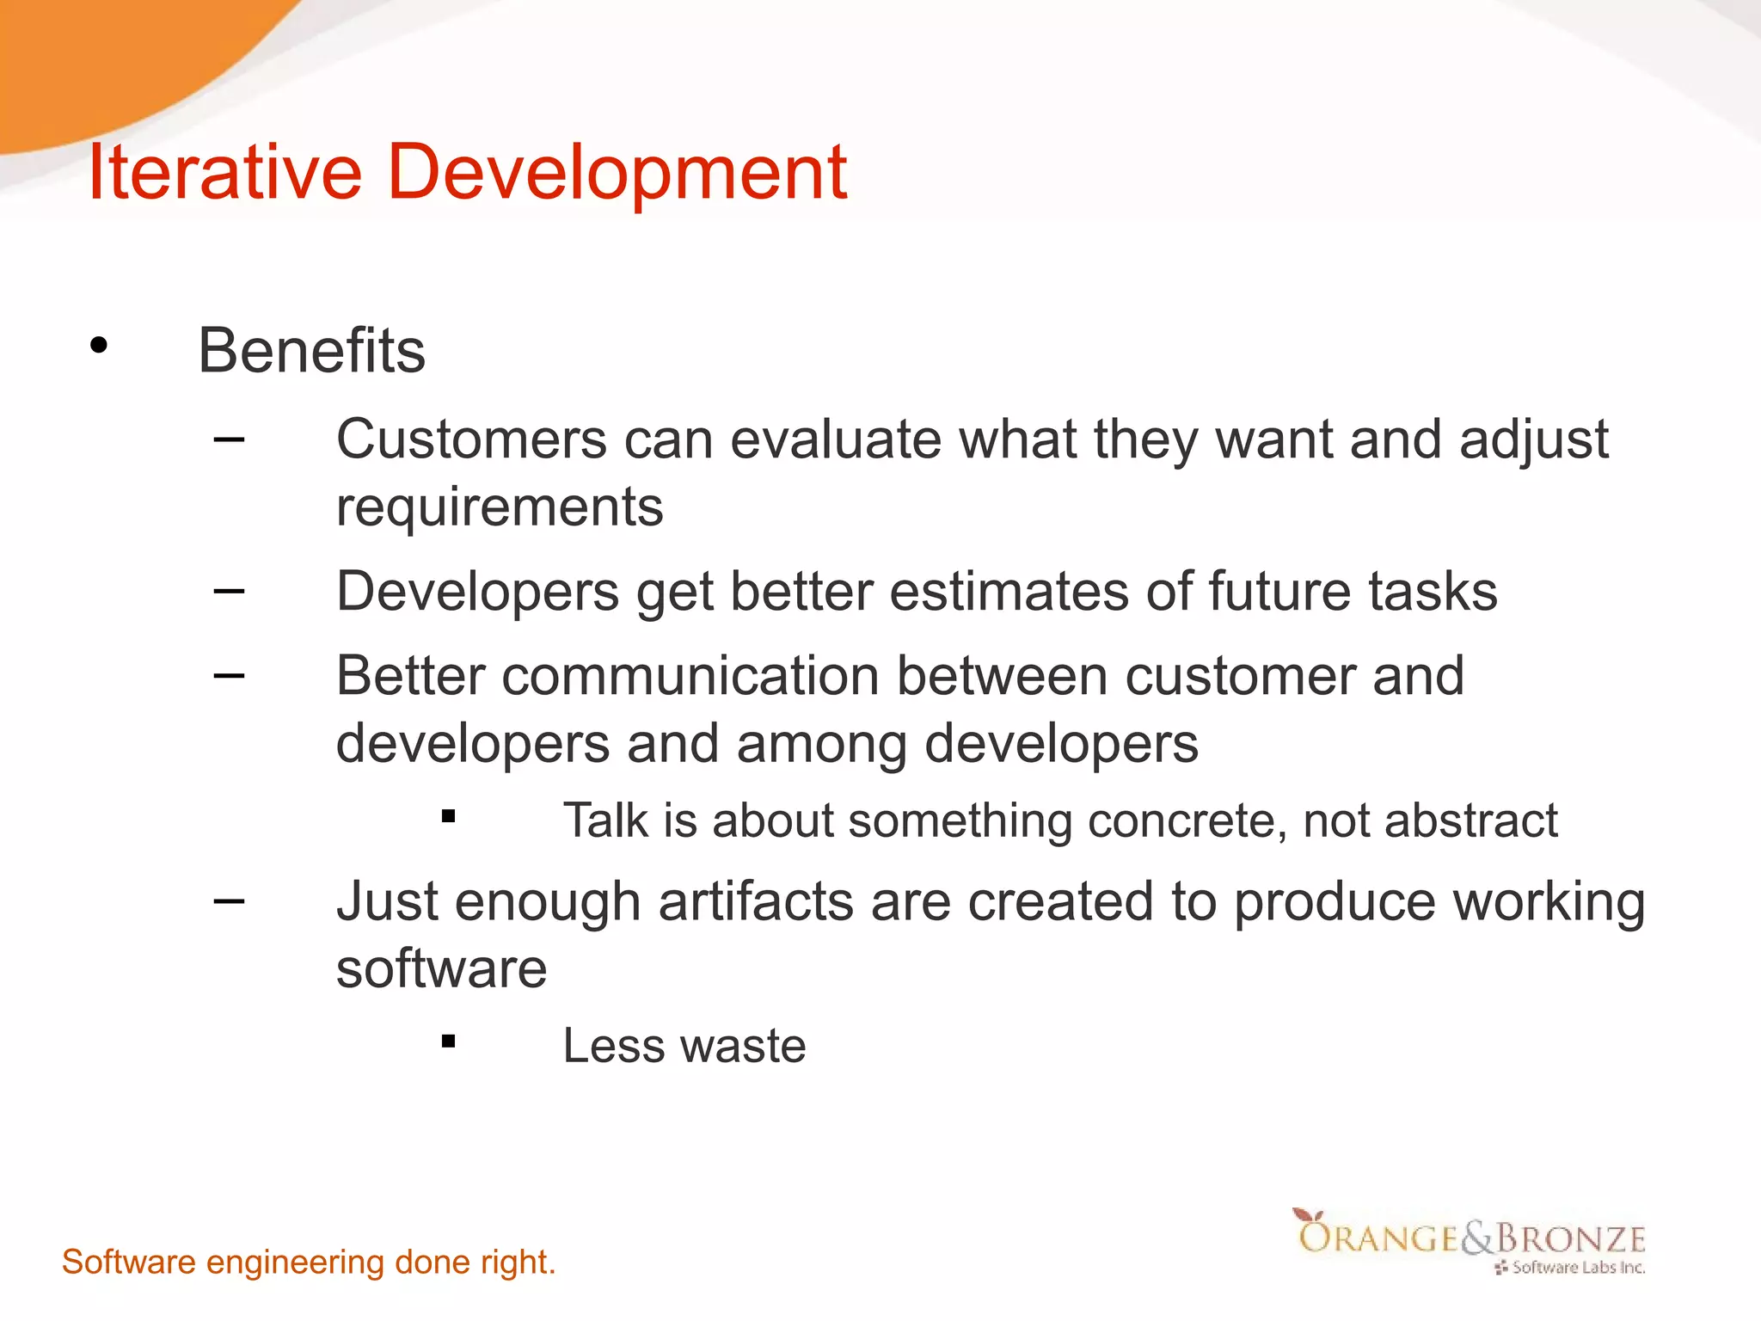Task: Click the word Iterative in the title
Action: point(225,172)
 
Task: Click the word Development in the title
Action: point(617,172)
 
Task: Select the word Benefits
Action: point(311,351)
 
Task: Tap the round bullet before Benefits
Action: point(99,346)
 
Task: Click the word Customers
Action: point(471,439)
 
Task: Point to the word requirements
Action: point(500,507)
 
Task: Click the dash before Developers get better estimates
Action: point(229,591)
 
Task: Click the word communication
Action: point(690,676)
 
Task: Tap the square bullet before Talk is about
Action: point(448,816)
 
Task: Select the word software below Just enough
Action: point(441,969)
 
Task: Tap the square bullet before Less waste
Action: point(448,1041)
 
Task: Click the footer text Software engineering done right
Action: point(309,1263)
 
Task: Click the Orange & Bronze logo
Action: point(1470,1240)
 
